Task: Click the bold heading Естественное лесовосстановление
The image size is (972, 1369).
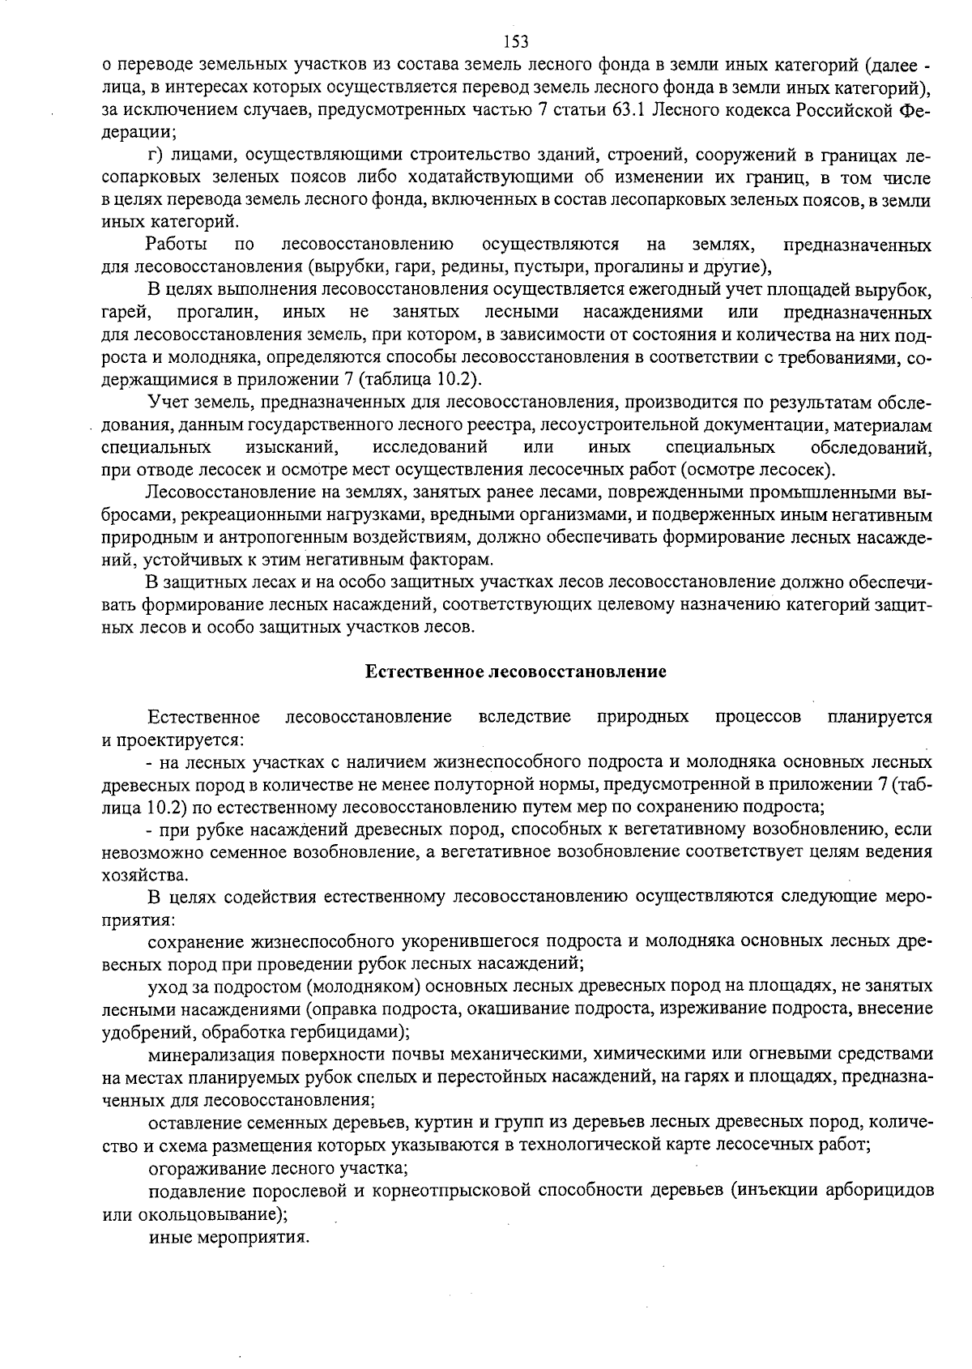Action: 515,672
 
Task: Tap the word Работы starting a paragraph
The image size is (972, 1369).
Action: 176,244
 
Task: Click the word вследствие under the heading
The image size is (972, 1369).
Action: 525,717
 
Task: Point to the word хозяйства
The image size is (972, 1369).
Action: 134,875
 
